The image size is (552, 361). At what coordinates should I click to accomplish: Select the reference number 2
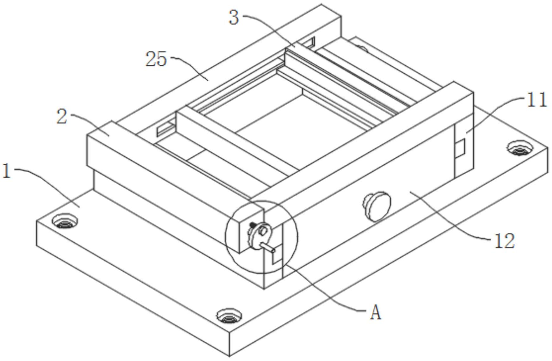point(62,116)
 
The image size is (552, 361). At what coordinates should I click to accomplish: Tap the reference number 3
point(234,17)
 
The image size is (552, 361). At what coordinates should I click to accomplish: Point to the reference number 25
point(156,59)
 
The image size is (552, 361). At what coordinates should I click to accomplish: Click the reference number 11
point(536,100)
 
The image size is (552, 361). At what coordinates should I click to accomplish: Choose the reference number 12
point(505,242)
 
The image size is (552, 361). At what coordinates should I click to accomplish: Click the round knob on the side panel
point(378,205)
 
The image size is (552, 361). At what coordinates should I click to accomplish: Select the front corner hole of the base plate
point(229,315)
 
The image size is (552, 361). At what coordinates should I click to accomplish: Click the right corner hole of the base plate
point(519,147)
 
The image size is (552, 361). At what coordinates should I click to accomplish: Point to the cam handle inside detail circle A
point(260,234)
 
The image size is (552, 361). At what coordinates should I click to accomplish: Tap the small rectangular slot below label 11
point(460,148)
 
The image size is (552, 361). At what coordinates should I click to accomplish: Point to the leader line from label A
point(326,291)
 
